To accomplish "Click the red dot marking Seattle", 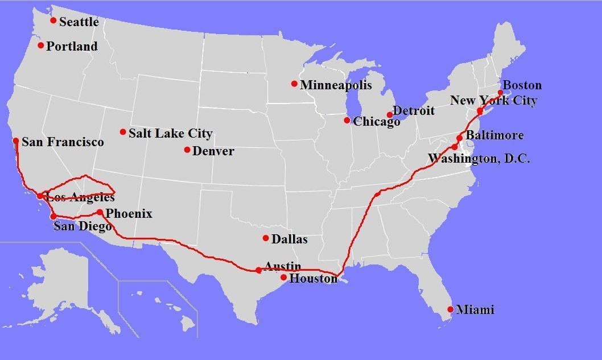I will click(53, 20).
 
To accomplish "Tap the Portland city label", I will click(72, 47).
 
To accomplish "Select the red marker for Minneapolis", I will click(294, 84).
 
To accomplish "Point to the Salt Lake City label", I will click(170, 134).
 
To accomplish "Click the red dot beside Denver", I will click(187, 150).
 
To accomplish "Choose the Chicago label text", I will click(376, 122).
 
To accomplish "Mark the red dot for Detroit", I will click(390, 115).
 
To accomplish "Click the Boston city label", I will click(522, 85).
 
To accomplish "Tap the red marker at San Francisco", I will click(16, 141).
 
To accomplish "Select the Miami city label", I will click(475, 310).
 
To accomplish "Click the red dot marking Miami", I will click(451, 310).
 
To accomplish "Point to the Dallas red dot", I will click(266, 238).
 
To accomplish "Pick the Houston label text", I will click(314, 279).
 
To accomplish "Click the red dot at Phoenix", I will click(100, 213).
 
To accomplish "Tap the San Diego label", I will click(83, 226).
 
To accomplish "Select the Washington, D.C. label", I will click(479, 159).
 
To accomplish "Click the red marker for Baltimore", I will click(460, 138).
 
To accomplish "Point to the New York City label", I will click(493, 101).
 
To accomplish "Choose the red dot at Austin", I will click(259, 270).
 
